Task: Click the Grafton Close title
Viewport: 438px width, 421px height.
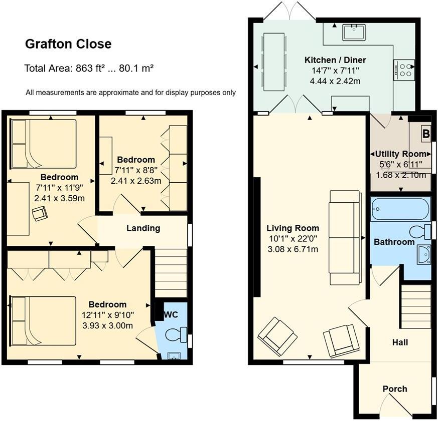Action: click(x=68, y=45)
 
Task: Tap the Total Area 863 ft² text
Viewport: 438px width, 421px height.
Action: click(x=88, y=68)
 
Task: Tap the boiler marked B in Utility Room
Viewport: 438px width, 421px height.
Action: click(x=425, y=134)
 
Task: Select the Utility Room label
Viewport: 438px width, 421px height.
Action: click(x=400, y=154)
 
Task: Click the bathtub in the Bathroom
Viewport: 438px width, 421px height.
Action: click(x=400, y=209)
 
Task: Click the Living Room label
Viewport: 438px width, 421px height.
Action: click(x=293, y=228)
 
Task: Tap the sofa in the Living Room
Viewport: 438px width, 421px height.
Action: click(x=345, y=237)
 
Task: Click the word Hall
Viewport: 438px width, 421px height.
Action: click(x=399, y=342)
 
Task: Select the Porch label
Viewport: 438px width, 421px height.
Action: click(x=395, y=388)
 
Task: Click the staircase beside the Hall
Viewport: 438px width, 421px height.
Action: click(x=416, y=306)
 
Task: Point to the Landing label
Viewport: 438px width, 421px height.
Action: click(x=143, y=228)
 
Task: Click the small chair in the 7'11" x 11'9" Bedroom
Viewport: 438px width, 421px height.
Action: click(x=40, y=214)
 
